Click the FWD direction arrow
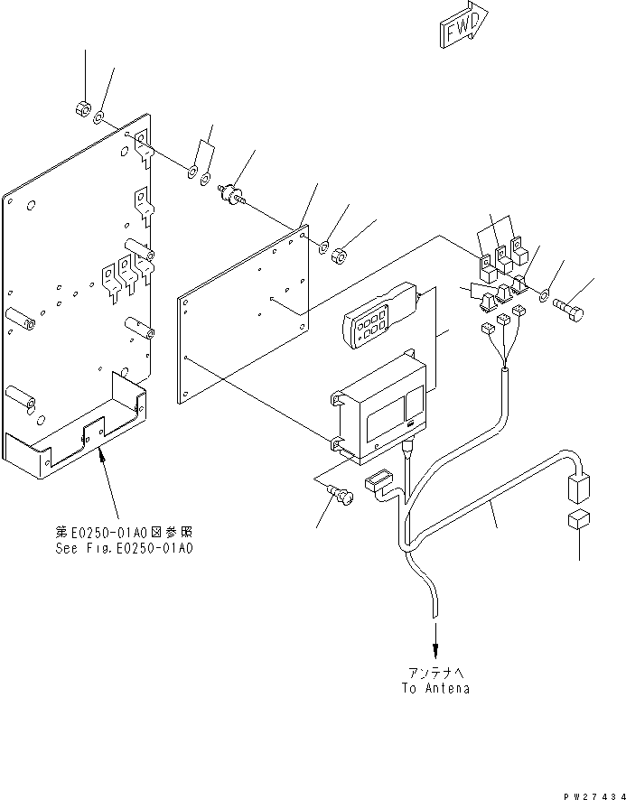[x=463, y=25]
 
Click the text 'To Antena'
[x=435, y=688]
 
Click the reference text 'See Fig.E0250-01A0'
[x=124, y=548]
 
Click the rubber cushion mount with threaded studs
[x=232, y=194]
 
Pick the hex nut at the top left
[x=83, y=108]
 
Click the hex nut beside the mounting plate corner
[x=339, y=256]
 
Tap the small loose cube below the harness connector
[x=578, y=520]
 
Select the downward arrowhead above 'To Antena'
[x=435, y=650]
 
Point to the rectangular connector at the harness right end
[x=578, y=488]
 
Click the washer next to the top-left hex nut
[x=98, y=119]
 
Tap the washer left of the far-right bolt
[x=545, y=295]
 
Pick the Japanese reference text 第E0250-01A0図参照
[x=124, y=532]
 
